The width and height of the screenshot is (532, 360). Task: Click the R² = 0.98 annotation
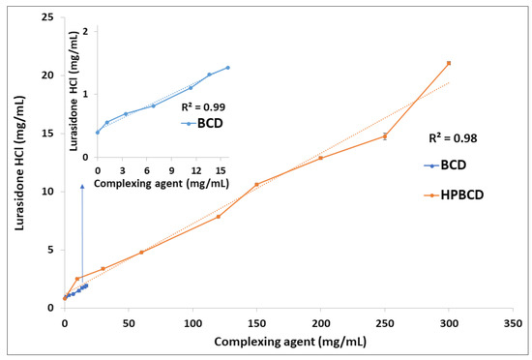455,138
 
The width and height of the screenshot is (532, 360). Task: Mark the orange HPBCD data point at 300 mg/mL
449,63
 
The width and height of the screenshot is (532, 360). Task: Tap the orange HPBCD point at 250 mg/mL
385,136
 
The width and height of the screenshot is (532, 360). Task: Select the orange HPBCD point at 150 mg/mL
256,184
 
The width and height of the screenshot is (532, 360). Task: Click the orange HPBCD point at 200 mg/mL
320,158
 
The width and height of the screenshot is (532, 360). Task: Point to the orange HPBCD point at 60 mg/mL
141,253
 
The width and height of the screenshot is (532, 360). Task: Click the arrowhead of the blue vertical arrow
82,186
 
